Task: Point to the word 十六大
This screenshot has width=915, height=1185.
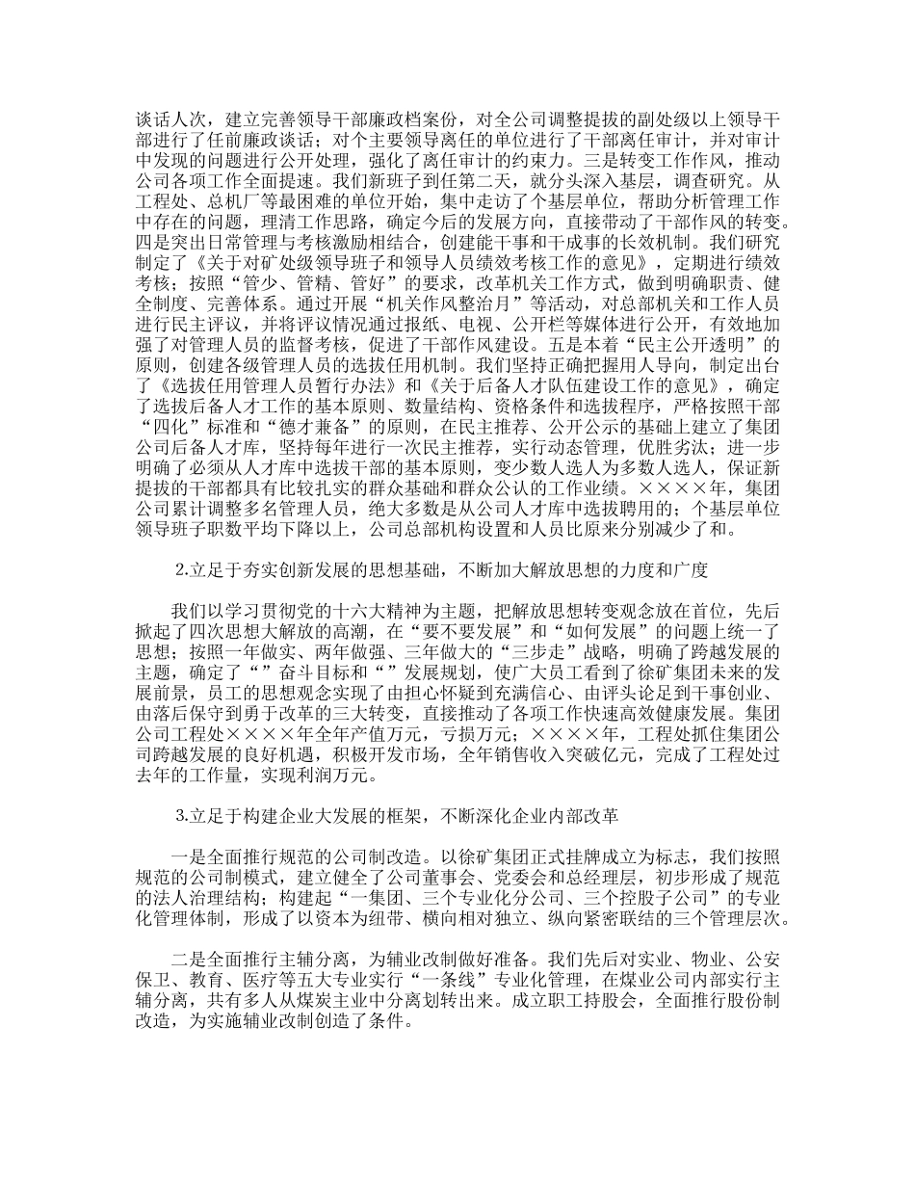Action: click(x=357, y=610)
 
